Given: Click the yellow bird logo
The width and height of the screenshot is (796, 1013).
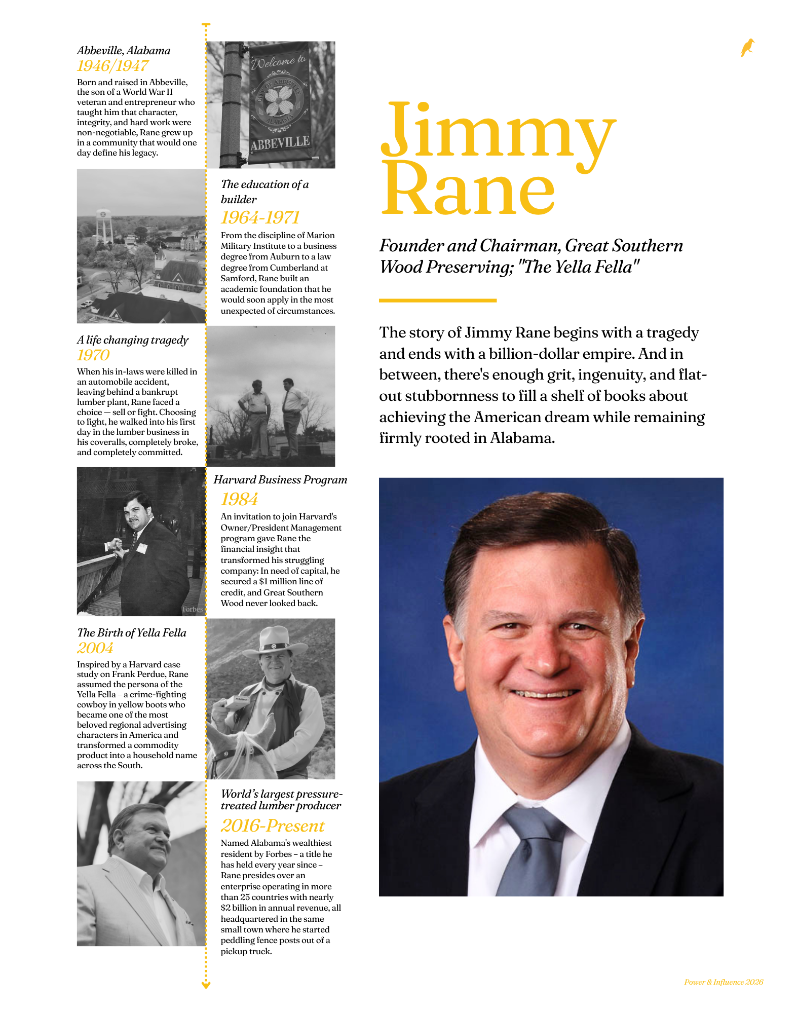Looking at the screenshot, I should point(747,48).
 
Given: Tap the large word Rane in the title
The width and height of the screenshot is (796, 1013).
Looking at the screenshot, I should point(468,191).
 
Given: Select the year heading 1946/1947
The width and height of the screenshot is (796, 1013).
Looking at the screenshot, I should point(112,66).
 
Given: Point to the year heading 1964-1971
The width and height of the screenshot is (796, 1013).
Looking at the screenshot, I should point(260,217).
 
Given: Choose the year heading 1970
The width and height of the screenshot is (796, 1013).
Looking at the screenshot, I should point(93,355).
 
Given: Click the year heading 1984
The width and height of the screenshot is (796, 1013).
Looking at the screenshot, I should point(239,499).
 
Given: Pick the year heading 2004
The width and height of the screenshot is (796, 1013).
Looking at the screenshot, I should point(95,648).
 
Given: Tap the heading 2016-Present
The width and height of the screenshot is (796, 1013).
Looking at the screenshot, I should point(273,826).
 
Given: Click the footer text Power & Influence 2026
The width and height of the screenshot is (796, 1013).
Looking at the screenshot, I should point(724,982).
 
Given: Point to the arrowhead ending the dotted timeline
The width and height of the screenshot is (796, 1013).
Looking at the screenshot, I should point(206,985).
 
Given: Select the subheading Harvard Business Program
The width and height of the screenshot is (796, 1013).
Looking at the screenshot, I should point(280,480).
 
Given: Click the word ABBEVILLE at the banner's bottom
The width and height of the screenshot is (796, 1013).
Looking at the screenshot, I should point(280,143).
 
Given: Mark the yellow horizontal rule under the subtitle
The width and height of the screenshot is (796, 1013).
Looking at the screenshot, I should point(438,301).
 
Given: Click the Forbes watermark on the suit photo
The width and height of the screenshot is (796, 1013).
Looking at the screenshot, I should point(193,609).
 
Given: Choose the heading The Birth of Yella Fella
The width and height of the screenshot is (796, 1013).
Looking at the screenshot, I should point(132,632).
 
